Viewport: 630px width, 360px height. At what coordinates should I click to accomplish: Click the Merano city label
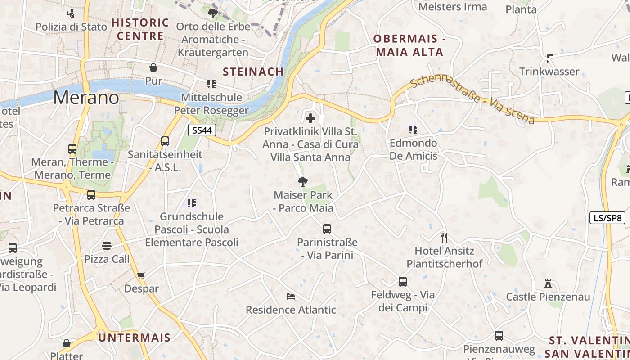(86, 98)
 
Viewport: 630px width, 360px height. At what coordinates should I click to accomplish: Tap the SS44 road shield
(202, 130)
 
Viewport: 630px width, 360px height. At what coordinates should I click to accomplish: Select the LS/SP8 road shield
(607, 218)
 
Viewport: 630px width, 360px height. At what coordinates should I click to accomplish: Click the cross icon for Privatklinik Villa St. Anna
(310, 119)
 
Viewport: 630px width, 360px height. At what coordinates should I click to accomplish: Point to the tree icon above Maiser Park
(303, 182)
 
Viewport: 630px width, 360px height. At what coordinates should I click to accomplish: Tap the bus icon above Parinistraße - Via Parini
(327, 229)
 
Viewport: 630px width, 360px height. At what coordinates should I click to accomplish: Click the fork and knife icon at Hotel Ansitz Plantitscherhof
(444, 237)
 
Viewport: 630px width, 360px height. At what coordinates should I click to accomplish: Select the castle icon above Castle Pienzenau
(548, 283)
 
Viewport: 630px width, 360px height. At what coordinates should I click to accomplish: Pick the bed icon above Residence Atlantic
(291, 296)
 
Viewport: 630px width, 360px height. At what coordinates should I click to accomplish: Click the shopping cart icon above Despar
(141, 275)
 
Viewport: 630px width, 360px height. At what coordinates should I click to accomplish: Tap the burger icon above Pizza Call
(107, 246)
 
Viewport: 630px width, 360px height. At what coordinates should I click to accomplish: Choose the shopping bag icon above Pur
(153, 67)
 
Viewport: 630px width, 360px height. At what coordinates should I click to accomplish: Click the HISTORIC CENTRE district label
(140, 29)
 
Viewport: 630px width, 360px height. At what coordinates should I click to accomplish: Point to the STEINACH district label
(253, 72)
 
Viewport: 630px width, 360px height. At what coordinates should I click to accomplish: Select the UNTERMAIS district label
(134, 337)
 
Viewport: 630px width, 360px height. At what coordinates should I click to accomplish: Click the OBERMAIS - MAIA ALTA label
(409, 45)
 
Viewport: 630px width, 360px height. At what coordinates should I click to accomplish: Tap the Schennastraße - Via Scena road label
(472, 99)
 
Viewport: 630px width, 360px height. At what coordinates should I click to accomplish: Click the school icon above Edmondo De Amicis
(413, 130)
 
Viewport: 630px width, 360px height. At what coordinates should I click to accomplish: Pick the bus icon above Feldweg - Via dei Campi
(403, 282)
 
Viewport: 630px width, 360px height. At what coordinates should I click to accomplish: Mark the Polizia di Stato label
(72, 27)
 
